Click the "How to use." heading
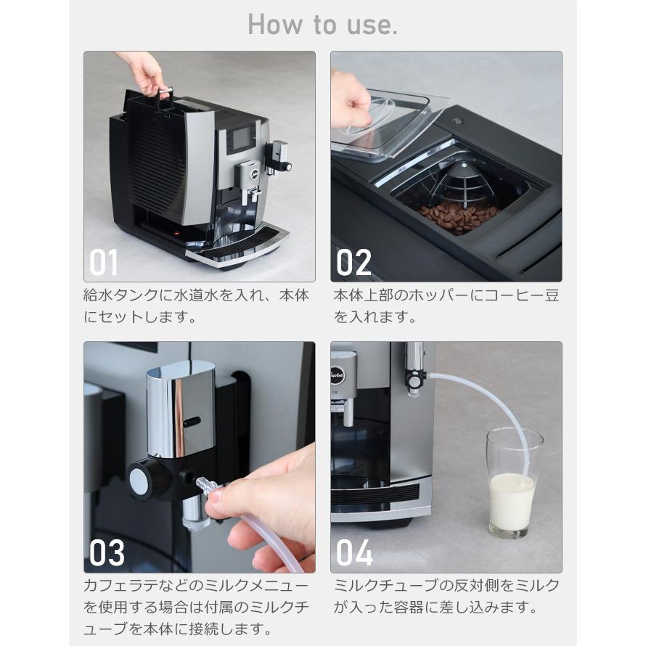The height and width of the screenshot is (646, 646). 322,24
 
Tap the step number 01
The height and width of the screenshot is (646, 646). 103,263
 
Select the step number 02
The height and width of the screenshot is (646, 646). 353,263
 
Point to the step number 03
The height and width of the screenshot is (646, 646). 107,553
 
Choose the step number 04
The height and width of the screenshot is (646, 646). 355,553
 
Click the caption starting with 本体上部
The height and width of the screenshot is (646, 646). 446,306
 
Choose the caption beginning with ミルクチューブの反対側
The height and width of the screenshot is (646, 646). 446,596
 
